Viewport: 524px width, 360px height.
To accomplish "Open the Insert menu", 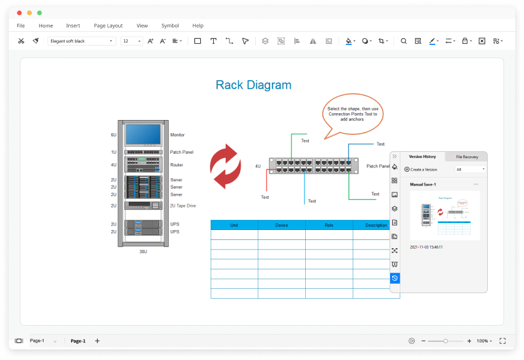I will pos(73,26).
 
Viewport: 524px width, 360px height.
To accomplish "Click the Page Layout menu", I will pos(108,26).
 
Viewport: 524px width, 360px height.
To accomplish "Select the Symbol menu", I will pos(170,26).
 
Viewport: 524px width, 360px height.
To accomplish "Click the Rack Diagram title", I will pos(253,85).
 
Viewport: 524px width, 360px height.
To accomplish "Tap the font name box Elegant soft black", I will pos(81,41).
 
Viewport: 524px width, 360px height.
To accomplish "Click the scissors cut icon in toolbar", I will pos(21,41).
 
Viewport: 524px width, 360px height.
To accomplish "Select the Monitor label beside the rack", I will pos(178,135).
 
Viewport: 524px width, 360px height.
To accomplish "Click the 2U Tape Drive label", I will pos(183,206).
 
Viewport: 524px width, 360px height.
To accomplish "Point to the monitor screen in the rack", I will pos(143,134).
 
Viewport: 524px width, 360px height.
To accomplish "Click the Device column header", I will pos(281,225).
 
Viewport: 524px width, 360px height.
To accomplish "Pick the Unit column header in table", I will pos(234,225).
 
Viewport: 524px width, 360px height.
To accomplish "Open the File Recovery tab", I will pos(466,157).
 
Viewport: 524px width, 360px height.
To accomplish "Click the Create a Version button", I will pos(421,169).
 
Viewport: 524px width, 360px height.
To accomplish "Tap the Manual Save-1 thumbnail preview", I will pos(445,216).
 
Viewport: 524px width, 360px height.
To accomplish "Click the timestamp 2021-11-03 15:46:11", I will pos(426,247).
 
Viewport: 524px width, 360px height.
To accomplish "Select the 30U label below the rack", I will pos(143,251).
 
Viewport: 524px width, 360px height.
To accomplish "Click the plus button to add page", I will pos(97,341).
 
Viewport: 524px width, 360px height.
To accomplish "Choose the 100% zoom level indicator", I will pos(482,341).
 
